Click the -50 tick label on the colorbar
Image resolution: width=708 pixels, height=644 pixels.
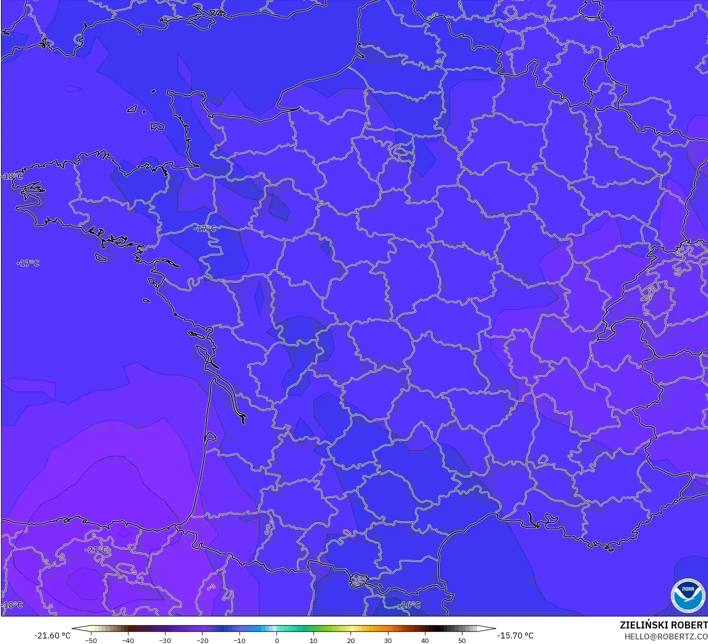point(91,640)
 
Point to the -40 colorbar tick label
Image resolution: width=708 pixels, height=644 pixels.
point(128,640)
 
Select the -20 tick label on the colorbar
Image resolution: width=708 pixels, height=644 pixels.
point(202,640)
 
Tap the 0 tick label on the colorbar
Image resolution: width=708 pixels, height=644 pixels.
point(276,640)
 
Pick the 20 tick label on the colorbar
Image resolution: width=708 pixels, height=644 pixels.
point(350,640)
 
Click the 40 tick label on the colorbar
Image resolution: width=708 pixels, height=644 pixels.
point(424,640)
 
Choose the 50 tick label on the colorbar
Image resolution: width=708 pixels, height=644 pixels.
point(461,640)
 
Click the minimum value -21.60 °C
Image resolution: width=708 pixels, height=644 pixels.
point(52,635)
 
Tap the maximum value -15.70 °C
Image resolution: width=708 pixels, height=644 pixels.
point(515,635)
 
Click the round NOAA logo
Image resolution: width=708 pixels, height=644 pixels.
point(688,595)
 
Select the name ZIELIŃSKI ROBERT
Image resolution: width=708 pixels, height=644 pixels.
point(663,625)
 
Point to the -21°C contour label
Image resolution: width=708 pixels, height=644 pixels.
point(96,550)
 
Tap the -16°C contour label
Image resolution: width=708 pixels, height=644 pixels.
point(409,605)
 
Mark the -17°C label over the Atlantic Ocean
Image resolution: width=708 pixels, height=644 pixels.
point(28,263)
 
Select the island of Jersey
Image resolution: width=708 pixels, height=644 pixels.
point(157,127)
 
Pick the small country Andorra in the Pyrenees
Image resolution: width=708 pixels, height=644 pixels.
point(358,580)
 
